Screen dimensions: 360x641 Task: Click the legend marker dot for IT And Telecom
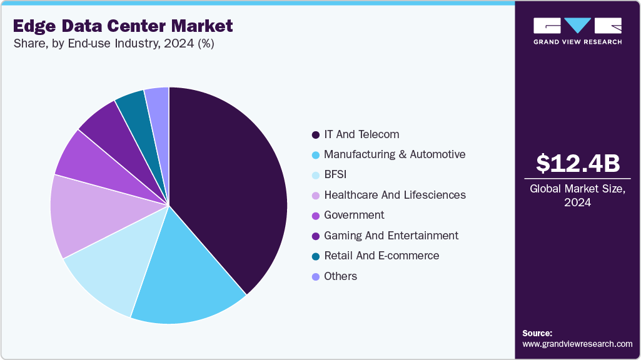315,134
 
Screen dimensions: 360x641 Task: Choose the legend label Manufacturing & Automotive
394,154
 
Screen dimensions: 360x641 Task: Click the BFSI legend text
335,174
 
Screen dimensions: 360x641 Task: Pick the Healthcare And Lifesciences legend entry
394,195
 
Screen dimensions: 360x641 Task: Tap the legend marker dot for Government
315,215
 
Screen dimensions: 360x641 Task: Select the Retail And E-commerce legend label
381,256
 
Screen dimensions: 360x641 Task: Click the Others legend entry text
340,276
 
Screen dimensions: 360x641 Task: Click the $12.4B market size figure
578,163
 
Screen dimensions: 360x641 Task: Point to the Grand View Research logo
577,31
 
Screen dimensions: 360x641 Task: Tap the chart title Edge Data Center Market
122,26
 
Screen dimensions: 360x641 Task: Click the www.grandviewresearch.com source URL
577,344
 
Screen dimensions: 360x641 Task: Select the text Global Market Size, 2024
577,196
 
